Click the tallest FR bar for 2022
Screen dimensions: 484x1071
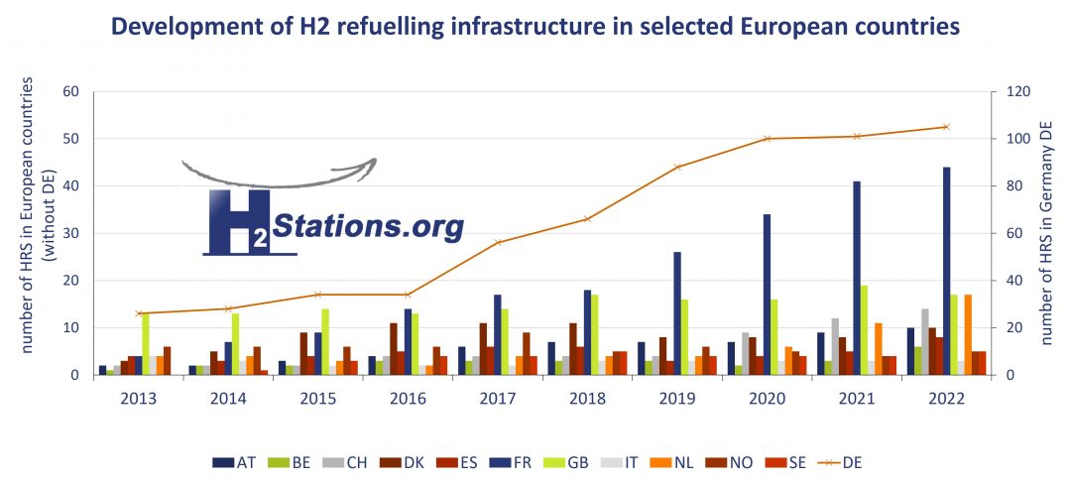(x=946, y=271)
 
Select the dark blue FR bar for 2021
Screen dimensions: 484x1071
(x=857, y=278)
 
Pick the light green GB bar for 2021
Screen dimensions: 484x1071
(x=865, y=330)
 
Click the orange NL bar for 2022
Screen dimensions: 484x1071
(x=968, y=335)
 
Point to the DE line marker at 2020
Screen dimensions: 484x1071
(x=767, y=139)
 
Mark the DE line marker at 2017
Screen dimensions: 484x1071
(x=498, y=242)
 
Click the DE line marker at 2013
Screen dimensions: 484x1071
(x=140, y=313)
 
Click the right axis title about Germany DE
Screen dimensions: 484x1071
(x=1047, y=233)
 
